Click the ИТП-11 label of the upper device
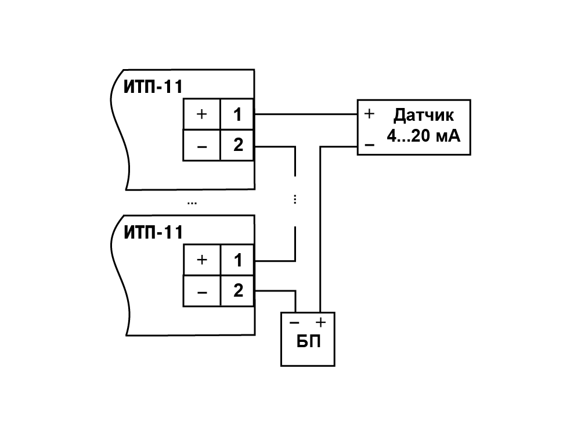[153, 87]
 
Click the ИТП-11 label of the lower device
[153, 232]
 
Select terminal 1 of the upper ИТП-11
[237, 114]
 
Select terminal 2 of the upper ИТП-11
[237, 145]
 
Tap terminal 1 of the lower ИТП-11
[237, 260]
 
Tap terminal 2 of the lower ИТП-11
[237, 291]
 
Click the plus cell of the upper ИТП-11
[201, 114]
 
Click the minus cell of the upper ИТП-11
[201, 145]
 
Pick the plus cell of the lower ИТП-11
[201, 260]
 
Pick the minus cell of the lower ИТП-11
[201, 291]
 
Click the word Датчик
[424, 116]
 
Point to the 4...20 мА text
[424, 136]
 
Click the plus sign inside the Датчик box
[369, 113]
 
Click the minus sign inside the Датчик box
[369, 145]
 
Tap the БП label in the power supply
[308, 341]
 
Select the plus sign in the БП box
[320, 322]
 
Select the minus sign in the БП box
[294, 323]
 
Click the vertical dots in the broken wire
[295, 200]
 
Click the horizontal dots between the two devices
[192, 203]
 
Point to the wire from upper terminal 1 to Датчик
[306, 114]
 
